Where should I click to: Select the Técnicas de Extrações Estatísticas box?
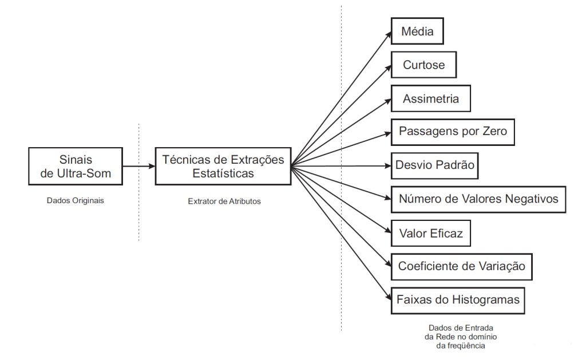point(223,167)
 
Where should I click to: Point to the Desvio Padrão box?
point(435,165)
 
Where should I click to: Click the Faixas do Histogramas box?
point(458,299)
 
